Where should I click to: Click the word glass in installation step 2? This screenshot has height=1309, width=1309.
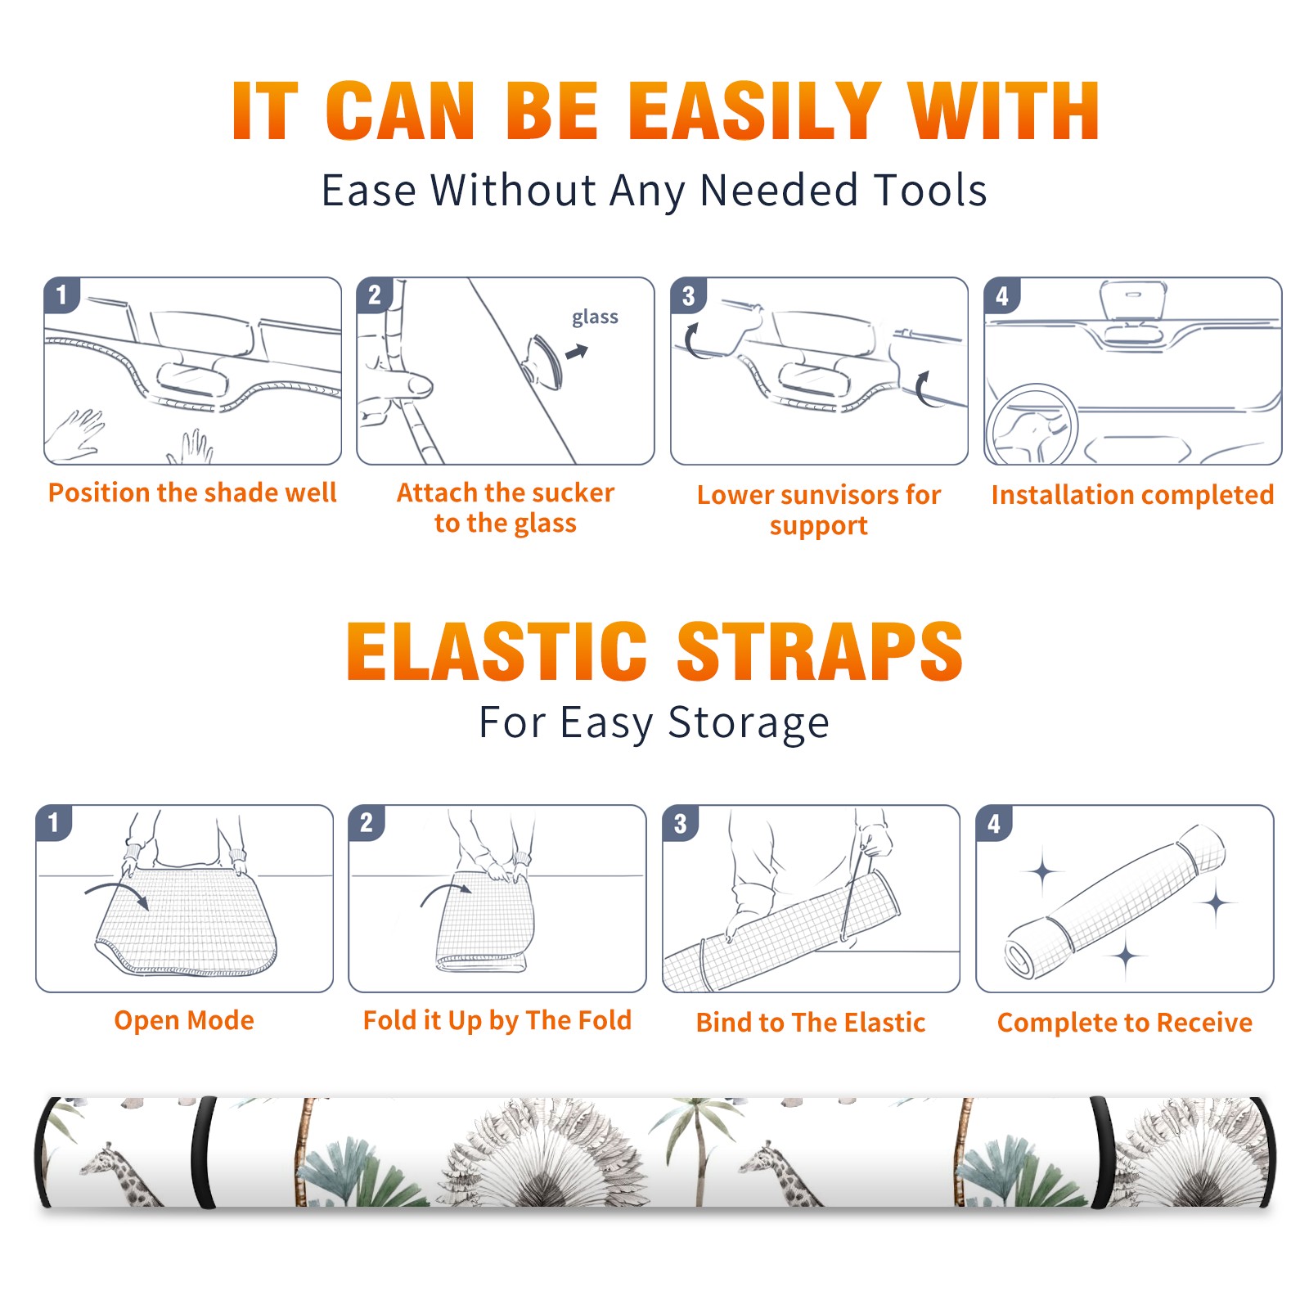[x=595, y=317]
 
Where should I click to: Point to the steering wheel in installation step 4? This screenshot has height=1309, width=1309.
[x=1032, y=425]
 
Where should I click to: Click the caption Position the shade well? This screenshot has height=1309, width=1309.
[x=192, y=493]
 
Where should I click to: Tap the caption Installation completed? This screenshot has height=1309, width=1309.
[x=1132, y=494]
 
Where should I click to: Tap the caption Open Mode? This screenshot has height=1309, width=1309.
[x=184, y=1020]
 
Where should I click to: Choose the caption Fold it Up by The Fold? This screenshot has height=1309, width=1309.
[x=497, y=1020]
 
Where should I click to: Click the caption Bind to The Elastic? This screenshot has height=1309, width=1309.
[x=811, y=1023]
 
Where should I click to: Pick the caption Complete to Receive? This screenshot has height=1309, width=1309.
[x=1125, y=1023]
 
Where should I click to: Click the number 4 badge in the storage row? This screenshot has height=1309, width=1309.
[x=994, y=823]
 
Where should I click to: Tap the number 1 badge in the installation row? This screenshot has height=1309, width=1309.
[x=61, y=295]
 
